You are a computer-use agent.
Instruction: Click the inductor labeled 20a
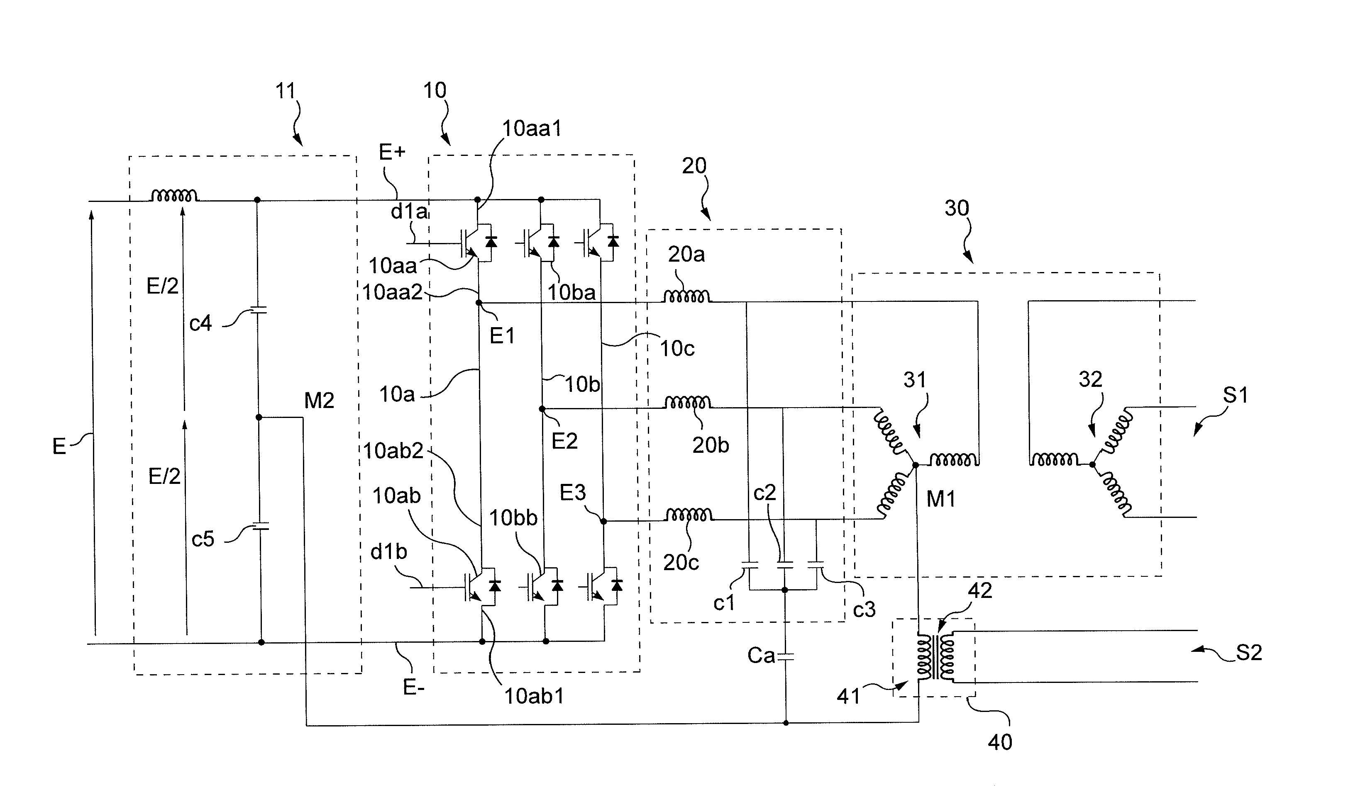point(686,297)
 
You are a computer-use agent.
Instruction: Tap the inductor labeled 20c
point(689,515)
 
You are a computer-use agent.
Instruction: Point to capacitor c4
point(258,311)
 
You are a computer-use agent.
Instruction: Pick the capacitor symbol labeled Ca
point(785,657)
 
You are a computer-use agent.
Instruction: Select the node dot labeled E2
point(542,409)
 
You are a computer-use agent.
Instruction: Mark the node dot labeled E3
point(603,521)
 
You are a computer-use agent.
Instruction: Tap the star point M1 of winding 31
point(915,465)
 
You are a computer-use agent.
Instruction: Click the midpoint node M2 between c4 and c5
point(259,417)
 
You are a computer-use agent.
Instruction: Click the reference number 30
point(957,209)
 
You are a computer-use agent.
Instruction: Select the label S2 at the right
point(1249,653)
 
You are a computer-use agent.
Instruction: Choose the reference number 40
point(999,742)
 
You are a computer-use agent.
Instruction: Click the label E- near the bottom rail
point(413,687)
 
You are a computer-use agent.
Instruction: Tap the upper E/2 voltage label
point(162,286)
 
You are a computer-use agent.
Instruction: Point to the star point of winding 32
point(1092,464)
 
